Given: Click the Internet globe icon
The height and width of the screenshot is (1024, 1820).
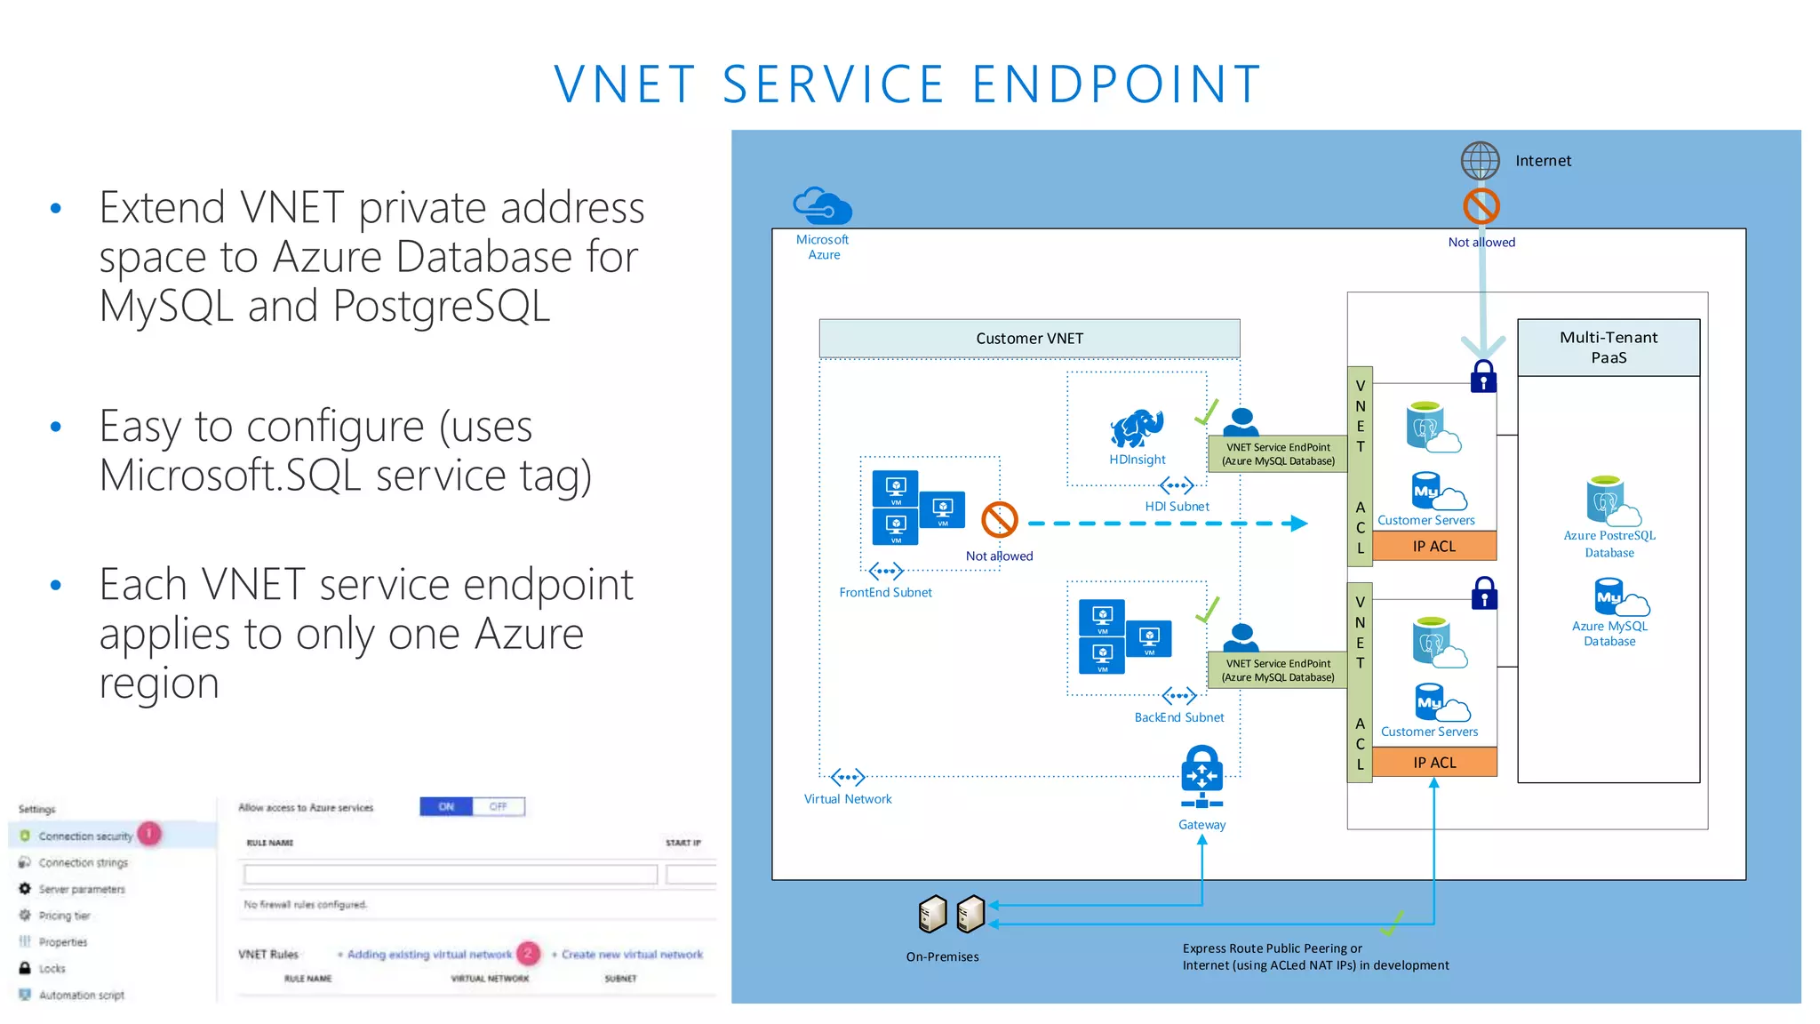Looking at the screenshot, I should click(x=1480, y=161).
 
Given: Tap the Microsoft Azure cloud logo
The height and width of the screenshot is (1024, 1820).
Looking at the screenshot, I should click(x=822, y=206).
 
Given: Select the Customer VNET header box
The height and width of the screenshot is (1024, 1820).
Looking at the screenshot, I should click(x=1029, y=339).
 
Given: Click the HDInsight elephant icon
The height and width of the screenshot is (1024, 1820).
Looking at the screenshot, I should click(x=1137, y=428).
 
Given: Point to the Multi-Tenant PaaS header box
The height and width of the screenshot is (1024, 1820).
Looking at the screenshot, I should click(x=1608, y=348).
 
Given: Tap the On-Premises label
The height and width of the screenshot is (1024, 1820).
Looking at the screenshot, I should click(x=942, y=957).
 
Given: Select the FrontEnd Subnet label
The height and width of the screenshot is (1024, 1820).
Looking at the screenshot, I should click(x=885, y=593).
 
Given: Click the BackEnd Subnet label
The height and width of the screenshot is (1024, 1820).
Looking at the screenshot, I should click(x=1178, y=717).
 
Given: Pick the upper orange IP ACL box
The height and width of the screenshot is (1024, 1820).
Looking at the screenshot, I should click(x=1433, y=547).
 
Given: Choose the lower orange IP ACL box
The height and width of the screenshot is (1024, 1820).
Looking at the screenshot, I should click(x=1433, y=763).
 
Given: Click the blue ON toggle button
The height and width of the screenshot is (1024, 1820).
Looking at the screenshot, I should click(x=446, y=807).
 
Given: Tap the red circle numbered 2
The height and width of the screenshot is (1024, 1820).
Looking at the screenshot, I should click(x=528, y=953).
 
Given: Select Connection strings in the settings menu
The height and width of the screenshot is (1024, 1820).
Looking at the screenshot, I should click(x=83, y=863).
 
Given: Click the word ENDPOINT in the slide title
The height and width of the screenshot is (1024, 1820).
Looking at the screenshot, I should click(x=1116, y=84).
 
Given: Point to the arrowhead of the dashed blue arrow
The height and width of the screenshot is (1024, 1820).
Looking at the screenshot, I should click(x=1299, y=524).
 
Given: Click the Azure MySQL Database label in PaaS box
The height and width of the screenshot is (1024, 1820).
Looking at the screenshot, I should click(x=1608, y=634).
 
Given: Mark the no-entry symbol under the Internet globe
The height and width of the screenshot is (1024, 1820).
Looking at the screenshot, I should click(x=1481, y=206).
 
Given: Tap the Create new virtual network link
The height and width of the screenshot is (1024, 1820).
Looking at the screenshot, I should click(x=631, y=955).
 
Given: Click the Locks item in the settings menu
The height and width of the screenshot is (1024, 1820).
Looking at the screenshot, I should click(x=52, y=969).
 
